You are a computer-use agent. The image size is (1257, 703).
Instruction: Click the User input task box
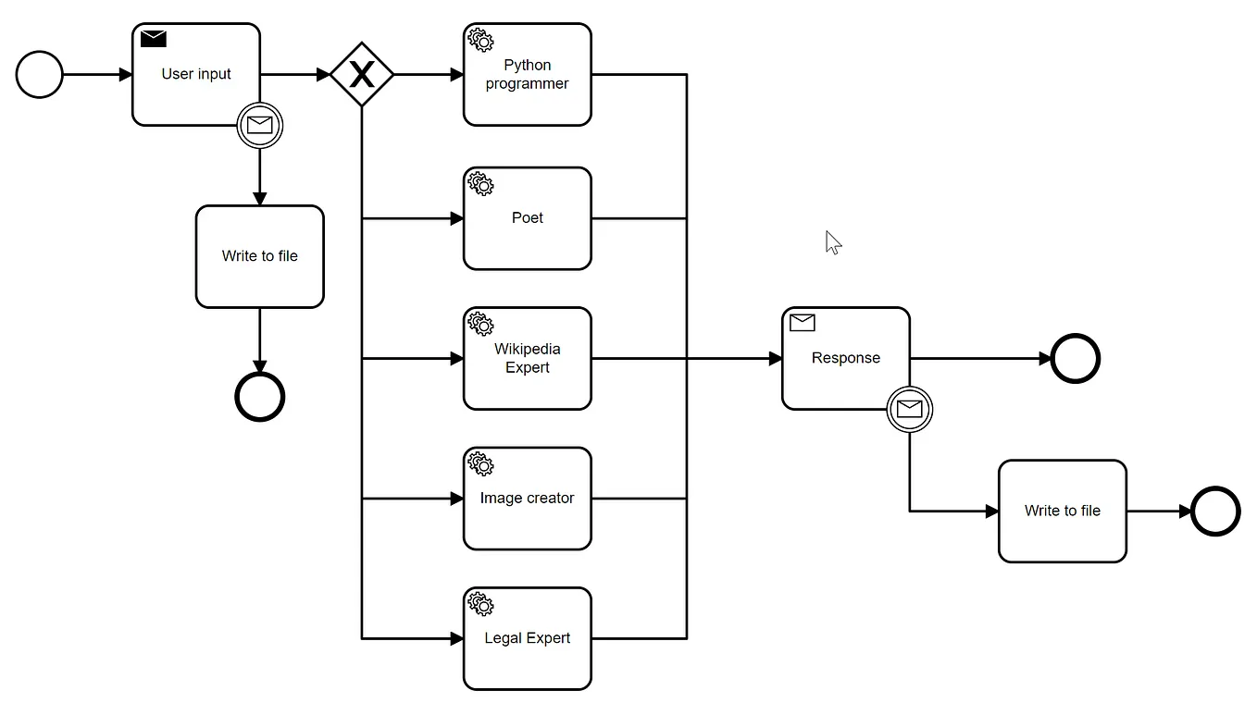click(195, 74)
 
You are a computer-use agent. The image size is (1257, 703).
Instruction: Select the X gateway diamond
click(362, 74)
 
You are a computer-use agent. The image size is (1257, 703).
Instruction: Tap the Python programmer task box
click(527, 74)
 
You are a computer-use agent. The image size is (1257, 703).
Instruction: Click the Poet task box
click(527, 218)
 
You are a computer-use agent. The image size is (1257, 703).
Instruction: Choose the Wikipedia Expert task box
click(527, 358)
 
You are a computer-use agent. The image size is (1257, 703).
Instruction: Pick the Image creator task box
click(527, 499)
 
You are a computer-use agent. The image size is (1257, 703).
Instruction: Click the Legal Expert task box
click(527, 638)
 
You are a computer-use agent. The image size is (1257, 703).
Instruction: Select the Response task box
click(845, 358)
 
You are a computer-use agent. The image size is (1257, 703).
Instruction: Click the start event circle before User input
click(40, 74)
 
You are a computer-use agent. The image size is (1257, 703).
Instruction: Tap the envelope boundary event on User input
click(260, 126)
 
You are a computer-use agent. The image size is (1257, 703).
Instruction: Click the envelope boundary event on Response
click(910, 409)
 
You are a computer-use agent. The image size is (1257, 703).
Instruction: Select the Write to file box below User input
click(260, 256)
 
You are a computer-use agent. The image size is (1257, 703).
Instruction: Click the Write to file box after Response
click(1062, 511)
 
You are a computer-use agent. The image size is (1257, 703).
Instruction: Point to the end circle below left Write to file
click(260, 397)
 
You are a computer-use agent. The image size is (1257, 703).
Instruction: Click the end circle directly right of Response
click(1076, 358)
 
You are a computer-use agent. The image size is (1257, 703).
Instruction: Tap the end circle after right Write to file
click(1215, 511)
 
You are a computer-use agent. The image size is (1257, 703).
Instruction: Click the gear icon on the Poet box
click(481, 183)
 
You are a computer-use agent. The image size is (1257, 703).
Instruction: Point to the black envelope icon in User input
click(154, 39)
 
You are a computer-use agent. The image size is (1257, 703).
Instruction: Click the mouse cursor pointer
click(833, 242)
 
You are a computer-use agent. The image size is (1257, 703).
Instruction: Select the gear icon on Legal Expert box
click(481, 603)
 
